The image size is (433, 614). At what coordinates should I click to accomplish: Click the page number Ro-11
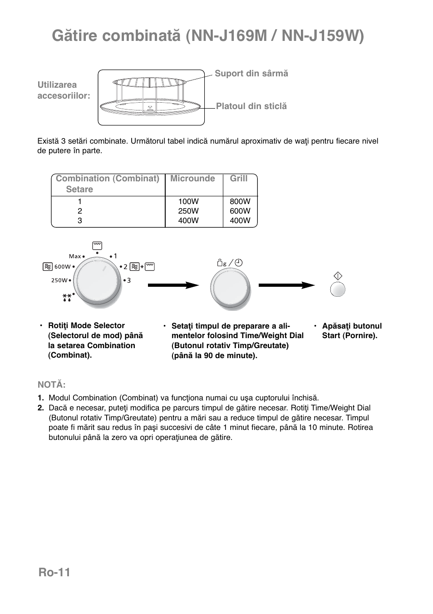54,572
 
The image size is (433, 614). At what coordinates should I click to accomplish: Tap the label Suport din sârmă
251,74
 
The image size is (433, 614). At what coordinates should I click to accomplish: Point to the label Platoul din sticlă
251,106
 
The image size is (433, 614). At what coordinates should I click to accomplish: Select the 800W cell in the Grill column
240,201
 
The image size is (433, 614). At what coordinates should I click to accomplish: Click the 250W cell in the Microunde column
188,211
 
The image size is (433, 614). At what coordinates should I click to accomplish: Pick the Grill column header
239,179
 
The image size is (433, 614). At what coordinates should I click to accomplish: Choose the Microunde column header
192,179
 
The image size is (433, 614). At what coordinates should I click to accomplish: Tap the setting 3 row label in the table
80,220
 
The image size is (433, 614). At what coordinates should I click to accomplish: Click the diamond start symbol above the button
338,276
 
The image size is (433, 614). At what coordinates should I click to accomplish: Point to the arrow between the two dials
173,285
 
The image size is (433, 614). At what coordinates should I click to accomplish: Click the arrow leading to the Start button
286,285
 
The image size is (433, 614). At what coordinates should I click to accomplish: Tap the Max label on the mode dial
75,256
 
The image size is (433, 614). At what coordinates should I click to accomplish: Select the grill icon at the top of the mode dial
97,246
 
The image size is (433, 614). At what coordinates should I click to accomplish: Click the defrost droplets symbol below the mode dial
67,298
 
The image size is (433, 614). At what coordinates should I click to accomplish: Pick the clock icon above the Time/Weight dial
239,263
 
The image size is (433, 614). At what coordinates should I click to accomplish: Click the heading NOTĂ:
52,385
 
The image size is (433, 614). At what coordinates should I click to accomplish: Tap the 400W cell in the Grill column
240,220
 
